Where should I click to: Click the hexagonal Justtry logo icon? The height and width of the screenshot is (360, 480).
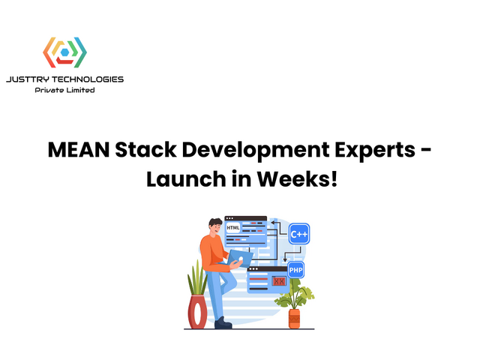coord(64,53)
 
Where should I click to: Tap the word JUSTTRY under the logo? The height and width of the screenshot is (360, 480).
coord(31,79)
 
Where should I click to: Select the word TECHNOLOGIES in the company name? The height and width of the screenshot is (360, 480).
coord(91,79)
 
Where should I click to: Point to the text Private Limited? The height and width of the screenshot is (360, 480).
coord(64,90)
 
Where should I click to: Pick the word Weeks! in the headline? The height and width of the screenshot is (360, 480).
coord(300,179)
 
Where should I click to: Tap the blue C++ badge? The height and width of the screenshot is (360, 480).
coord(299,234)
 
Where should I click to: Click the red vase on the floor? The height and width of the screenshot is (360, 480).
coord(197,311)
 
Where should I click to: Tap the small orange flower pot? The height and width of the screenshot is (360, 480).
coord(294,318)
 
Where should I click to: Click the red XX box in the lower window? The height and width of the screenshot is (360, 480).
coord(279,281)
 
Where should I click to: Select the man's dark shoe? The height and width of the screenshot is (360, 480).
coord(223,322)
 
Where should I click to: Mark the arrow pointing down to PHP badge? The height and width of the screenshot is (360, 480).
coord(295,254)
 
